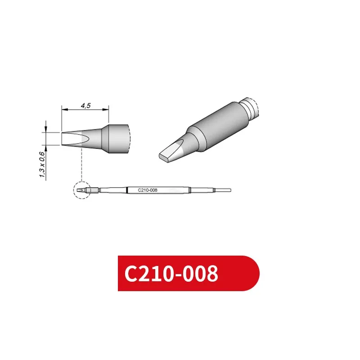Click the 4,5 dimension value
85,105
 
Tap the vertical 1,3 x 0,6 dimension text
42,165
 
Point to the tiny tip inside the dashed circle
81,191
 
